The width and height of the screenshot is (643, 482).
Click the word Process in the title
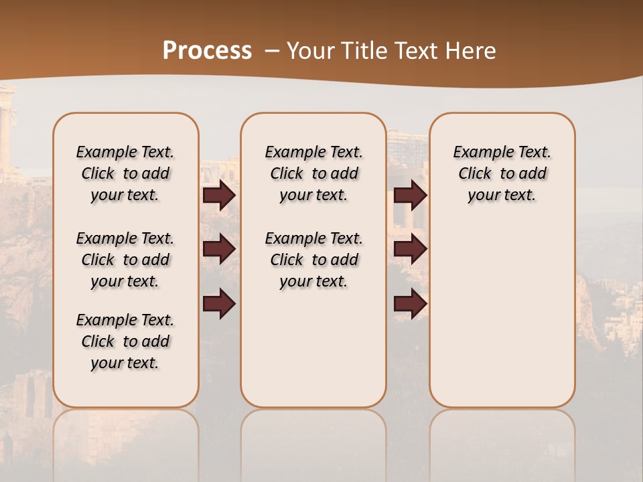(207, 50)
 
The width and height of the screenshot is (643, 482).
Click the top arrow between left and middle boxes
(219, 195)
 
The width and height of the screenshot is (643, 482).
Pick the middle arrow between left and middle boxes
(219, 250)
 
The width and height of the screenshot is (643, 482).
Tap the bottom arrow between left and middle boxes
(219, 304)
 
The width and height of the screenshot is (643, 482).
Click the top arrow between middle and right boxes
(410, 195)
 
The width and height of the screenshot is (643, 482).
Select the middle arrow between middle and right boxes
(410, 250)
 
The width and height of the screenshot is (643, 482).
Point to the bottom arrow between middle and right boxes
(410, 304)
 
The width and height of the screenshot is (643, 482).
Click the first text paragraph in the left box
(125, 173)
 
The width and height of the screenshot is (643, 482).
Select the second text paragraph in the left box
(125, 260)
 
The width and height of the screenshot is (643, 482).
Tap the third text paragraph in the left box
(125, 341)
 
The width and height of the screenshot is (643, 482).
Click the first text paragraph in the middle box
(313, 173)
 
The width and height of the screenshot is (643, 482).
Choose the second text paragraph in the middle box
(313, 260)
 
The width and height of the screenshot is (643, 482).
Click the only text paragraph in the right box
(502, 173)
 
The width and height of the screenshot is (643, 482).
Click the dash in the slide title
(272, 51)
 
